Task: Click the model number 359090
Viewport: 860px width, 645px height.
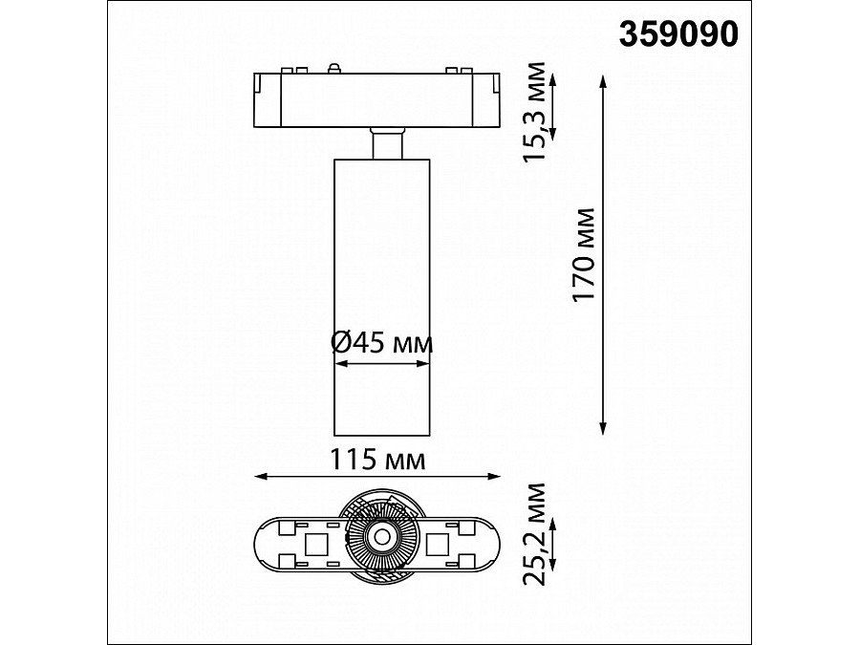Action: coord(679,34)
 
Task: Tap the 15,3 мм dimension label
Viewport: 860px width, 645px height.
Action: coord(541,112)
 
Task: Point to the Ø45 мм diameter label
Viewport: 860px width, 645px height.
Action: coord(381,343)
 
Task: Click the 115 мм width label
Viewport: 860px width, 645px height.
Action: coord(378,461)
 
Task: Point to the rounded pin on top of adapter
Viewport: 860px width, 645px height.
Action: coord(333,67)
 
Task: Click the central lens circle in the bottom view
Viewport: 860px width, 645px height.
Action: coord(381,538)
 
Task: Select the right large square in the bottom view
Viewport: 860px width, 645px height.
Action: coord(440,545)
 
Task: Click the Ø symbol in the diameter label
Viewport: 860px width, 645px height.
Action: coord(343,343)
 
